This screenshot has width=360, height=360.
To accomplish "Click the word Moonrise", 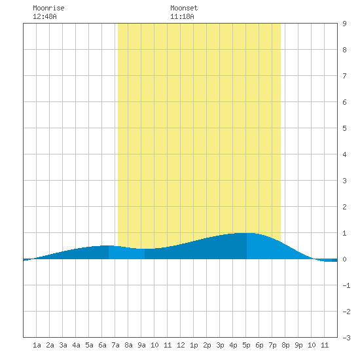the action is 48,8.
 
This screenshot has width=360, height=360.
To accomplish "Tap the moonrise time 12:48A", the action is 45,16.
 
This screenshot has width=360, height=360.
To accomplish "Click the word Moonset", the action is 184,8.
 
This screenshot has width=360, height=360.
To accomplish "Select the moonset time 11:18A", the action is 182,16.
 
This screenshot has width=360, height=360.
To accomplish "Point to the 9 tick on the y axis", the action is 344,24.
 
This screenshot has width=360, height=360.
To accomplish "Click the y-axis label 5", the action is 344,128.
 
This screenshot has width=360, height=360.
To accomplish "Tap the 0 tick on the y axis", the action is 344,259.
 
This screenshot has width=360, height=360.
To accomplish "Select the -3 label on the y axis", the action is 347,338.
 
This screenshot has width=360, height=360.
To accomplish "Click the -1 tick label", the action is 347,285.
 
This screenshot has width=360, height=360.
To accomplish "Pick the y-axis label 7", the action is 344,76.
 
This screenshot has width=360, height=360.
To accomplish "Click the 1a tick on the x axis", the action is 37,345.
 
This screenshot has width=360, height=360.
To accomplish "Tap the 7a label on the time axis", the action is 115,345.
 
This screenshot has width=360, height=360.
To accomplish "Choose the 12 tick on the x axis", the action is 181,345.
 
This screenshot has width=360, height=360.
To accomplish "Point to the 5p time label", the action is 246,345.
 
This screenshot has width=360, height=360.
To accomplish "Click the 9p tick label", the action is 298,345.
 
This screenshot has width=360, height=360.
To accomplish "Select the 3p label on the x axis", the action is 220,345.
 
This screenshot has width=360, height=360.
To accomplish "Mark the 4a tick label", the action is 76,345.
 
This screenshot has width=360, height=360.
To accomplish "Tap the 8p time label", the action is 285,345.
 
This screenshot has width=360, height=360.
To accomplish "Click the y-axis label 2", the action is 344,207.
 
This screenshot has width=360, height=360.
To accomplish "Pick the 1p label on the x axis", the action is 194,345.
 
